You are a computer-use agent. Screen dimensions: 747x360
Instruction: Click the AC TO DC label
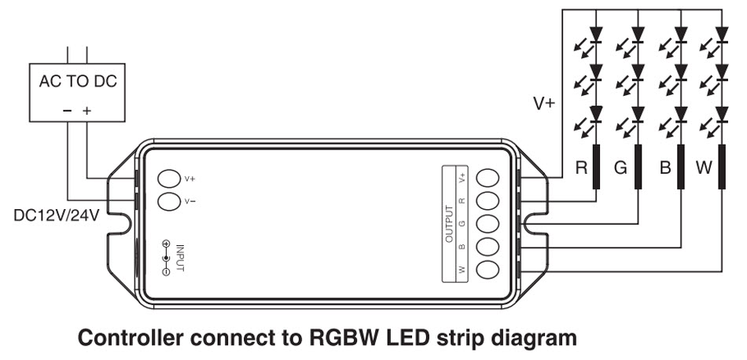point(78,82)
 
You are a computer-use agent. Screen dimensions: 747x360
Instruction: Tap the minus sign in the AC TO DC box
point(67,111)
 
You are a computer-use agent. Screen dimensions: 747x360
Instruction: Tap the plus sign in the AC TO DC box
point(86,111)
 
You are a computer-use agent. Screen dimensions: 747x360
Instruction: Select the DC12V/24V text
point(57,215)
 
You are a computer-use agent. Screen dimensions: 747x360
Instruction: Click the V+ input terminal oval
point(170,179)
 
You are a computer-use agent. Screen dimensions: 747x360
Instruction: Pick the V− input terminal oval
point(170,201)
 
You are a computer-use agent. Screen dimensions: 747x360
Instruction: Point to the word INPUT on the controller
point(180,258)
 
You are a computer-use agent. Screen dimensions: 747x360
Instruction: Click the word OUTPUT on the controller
point(449,224)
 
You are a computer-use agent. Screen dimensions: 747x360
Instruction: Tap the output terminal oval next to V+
point(488,178)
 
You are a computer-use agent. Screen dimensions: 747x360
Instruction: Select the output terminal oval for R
point(488,200)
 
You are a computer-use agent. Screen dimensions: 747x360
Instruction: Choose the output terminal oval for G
point(488,223)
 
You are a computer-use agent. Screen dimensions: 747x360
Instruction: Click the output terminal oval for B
point(488,246)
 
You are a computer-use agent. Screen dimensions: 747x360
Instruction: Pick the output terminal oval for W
point(488,269)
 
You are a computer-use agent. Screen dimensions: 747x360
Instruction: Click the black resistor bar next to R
point(596,167)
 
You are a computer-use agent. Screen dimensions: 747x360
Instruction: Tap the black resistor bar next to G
point(638,167)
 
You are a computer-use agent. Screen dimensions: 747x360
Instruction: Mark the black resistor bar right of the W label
point(722,167)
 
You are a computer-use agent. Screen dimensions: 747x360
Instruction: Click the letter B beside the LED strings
point(665,168)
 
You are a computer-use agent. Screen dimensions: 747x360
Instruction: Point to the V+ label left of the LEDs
point(544,103)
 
